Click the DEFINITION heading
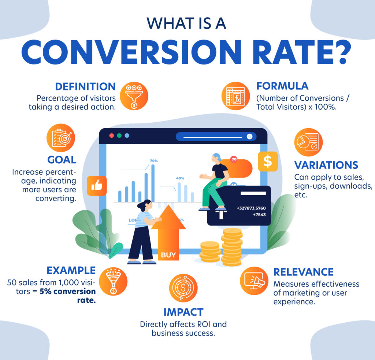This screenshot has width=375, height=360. pos(85,87)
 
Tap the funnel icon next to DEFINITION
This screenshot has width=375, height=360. pos(134,96)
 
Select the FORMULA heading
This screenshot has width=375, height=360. pos(282,86)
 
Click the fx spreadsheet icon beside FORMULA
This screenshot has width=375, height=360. pos(235,96)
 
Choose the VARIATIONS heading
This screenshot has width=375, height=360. pos(326,165)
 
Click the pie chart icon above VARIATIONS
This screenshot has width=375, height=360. pos(308,142)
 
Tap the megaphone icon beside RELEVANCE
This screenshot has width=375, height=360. pos(254,281)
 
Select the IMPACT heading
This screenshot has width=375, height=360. pos(183,312)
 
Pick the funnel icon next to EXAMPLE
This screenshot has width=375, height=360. pos(113,282)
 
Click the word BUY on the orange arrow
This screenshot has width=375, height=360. pos(168,255)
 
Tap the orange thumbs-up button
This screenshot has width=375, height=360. pos(97,186)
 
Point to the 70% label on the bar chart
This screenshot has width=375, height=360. pos(154,161)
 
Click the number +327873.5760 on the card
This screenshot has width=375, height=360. pos(251,208)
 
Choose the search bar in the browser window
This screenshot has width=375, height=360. pos(216,137)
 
